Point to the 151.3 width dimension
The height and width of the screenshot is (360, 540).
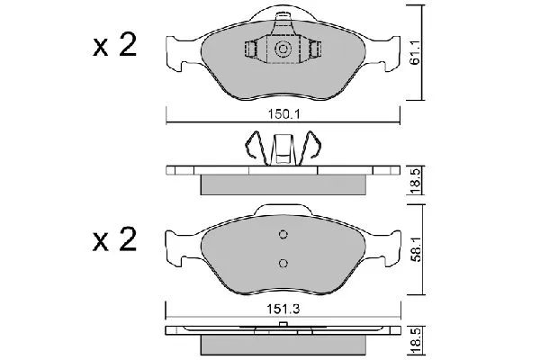pyautogui.click(x=281, y=310)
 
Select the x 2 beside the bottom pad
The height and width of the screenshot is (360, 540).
pyautogui.click(x=114, y=240)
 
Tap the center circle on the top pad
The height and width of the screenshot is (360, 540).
pyautogui.click(x=283, y=49)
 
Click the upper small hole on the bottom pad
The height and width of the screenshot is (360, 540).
pyautogui.click(x=283, y=237)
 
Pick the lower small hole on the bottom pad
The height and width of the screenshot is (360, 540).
pyautogui.click(x=283, y=263)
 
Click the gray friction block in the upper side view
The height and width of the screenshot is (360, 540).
pyautogui.click(x=283, y=184)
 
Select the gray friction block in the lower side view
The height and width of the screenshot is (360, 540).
pyautogui.click(x=283, y=346)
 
